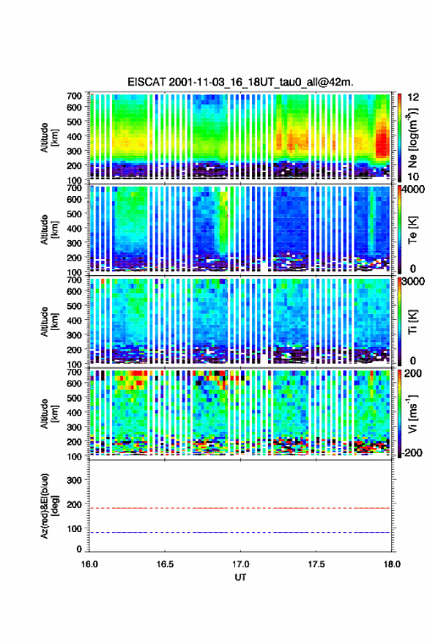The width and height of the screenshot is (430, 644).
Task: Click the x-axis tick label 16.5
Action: (x=165, y=564)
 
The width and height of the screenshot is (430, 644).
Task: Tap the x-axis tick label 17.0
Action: (x=240, y=564)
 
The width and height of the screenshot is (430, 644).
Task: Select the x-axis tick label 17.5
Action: (x=316, y=564)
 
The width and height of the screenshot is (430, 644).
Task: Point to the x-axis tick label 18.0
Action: (x=392, y=564)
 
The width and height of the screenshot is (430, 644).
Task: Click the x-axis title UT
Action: (x=240, y=577)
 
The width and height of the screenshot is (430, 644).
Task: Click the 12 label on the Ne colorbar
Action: (x=413, y=97)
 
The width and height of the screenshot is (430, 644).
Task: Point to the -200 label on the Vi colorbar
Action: (x=412, y=453)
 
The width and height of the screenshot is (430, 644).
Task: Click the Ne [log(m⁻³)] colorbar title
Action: (x=412, y=138)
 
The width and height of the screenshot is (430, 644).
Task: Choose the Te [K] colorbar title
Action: (x=412, y=230)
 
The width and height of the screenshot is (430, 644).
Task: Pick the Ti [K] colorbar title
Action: (x=412, y=321)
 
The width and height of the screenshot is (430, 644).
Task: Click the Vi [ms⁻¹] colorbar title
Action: (x=412, y=413)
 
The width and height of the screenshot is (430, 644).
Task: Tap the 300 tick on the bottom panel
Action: (x=74, y=480)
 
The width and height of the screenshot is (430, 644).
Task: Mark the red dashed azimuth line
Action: (x=240, y=509)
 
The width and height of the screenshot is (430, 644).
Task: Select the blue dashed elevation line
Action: (x=240, y=533)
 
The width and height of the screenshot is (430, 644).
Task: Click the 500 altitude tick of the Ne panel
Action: (x=74, y=121)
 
